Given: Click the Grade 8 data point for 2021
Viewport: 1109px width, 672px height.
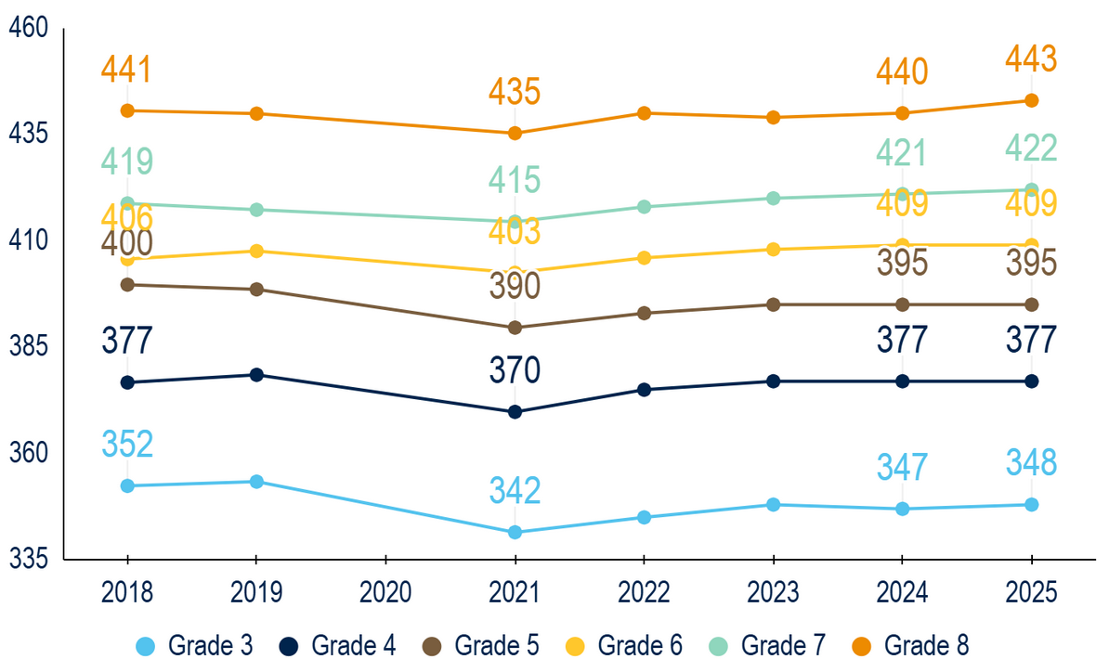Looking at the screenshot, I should coord(515,133).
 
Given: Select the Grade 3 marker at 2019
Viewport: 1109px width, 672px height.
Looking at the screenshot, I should coord(256,482).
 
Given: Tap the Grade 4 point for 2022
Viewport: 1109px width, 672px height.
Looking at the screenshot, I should coord(643,390).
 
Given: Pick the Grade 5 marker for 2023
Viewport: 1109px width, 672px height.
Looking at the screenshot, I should coord(773,304).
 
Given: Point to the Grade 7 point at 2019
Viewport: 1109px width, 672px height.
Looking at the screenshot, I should coord(256,210).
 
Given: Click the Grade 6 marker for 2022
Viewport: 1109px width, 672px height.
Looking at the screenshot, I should coord(643,258).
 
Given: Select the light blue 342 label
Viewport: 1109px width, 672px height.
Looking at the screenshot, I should coord(515,490).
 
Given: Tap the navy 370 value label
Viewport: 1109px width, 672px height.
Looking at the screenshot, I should coord(515,371).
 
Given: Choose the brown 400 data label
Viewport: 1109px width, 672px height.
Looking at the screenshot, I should coord(127,243).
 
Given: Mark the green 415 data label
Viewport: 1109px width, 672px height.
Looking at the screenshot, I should coord(515,180).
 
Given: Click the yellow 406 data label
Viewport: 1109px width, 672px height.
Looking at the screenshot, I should coord(127,216).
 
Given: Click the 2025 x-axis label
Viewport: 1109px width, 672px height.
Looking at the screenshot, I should coord(1031,591).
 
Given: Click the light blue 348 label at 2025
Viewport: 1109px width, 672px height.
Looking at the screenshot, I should coord(1031,462).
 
